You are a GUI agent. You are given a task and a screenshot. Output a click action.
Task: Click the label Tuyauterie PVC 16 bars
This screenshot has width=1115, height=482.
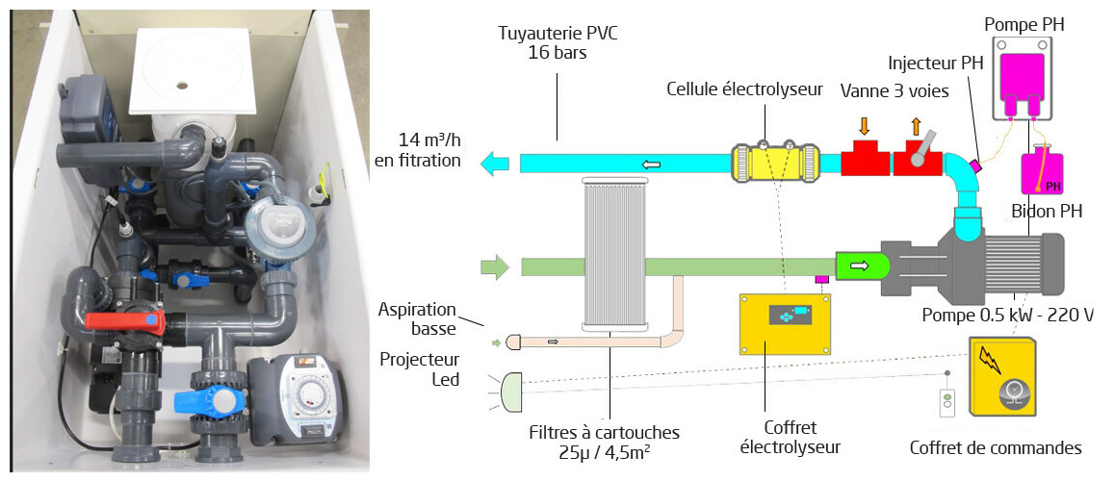(x=558, y=42)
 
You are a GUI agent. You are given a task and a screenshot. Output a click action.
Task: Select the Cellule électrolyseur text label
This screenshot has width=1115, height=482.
(x=746, y=89)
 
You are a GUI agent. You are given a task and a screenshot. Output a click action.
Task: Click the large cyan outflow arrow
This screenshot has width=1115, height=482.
(x=495, y=163)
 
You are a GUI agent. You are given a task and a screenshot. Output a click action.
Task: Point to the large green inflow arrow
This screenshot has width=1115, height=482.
(x=494, y=266)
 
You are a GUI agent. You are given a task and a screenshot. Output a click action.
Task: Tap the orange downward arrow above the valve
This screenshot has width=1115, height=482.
(x=865, y=125)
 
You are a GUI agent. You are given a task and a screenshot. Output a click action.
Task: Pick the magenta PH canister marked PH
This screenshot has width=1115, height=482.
(x=1042, y=173)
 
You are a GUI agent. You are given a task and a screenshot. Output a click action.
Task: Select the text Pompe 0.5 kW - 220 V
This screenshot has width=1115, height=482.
(x=1007, y=315)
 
